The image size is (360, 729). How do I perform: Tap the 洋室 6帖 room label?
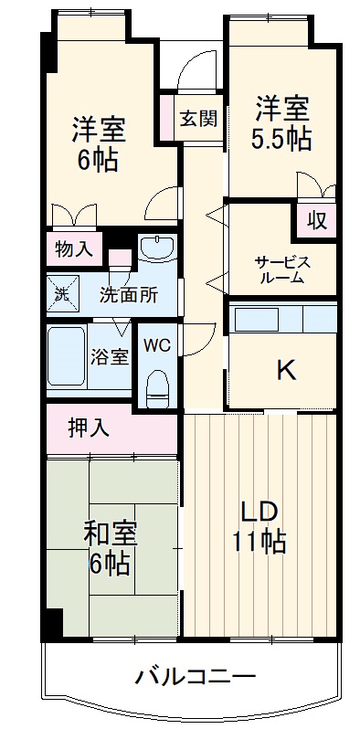click(99, 143)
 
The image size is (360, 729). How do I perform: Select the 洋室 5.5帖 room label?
click(281, 124)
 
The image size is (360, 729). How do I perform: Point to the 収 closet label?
click(316, 220)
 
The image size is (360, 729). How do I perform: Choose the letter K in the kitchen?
click(286, 370)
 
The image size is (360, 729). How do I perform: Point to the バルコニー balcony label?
click(196, 677)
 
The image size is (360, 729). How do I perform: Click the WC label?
click(157, 345)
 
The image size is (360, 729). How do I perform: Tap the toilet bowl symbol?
click(158, 386)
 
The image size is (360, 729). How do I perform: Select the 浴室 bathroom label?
click(109, 357)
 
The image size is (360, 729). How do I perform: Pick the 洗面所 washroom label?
click(128, 294)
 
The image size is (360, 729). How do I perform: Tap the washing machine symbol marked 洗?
click(60, 294)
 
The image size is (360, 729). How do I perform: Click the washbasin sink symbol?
click(158, 249)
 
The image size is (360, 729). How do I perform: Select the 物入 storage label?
click(74, 248)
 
